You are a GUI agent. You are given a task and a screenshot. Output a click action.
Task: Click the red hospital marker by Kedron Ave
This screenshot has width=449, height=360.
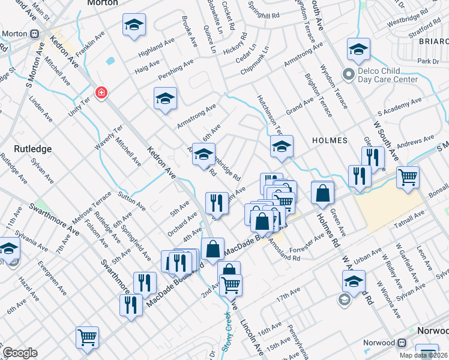pos(101,92)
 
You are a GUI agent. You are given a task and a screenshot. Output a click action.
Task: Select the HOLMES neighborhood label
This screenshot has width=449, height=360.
pos(330,140)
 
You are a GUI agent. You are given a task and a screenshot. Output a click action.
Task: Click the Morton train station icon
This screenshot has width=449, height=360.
pos(34,34)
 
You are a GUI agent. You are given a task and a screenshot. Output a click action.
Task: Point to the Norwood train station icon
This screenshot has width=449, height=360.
pos(402,343)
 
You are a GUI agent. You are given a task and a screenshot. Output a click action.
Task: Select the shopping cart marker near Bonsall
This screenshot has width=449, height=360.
pos(408,177)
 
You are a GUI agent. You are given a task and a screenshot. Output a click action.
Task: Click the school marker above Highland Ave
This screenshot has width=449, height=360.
pos(134,25)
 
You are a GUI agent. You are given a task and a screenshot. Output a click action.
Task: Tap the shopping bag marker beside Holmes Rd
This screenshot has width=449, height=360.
pos(323,193)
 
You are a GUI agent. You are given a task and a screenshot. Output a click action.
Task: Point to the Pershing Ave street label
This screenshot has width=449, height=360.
pos(176,70)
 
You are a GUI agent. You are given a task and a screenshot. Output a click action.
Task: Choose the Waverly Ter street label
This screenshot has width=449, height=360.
pos(109,138)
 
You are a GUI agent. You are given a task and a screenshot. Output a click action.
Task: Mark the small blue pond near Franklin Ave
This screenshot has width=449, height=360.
pos(110,61)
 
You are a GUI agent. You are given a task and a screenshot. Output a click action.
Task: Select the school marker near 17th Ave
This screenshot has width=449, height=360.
pos(354,281)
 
